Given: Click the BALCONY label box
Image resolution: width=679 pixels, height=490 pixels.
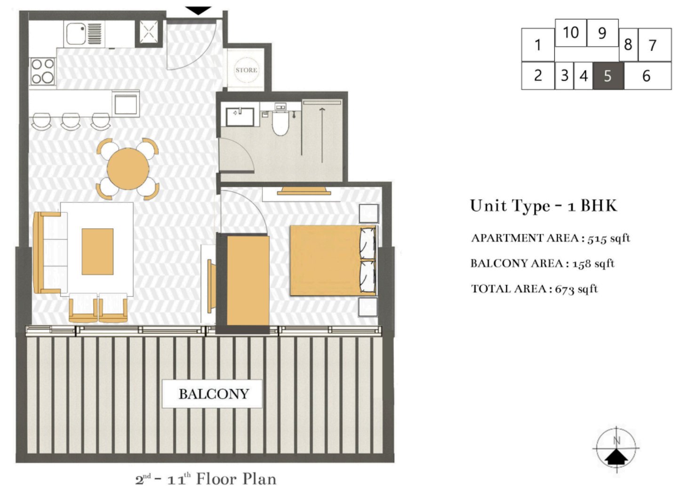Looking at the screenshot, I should click(x=212, y=394).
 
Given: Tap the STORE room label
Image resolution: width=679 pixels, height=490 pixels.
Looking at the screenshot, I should click(x=246, y=70).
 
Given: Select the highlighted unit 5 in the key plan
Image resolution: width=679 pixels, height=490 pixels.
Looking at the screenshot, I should click(x=607, y=76).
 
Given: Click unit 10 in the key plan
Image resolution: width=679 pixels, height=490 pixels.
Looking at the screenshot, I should click(x=570, y=32).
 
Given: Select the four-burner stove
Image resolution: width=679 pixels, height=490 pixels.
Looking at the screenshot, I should click(x=42, y=72).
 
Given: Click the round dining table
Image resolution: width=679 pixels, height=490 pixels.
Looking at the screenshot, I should click(x=128, y=168).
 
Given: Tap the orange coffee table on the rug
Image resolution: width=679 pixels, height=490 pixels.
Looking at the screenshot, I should click(x=97, y=251).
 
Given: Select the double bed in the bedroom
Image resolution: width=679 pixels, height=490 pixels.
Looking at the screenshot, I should click(x=332, y=260).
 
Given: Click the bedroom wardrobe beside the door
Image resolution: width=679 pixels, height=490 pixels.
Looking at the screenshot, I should click(x=248, y=281).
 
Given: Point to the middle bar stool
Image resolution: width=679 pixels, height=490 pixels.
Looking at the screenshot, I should click(x=71, y=121).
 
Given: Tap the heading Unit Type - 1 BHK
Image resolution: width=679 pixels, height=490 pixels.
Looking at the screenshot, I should click(x=543, y=206).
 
